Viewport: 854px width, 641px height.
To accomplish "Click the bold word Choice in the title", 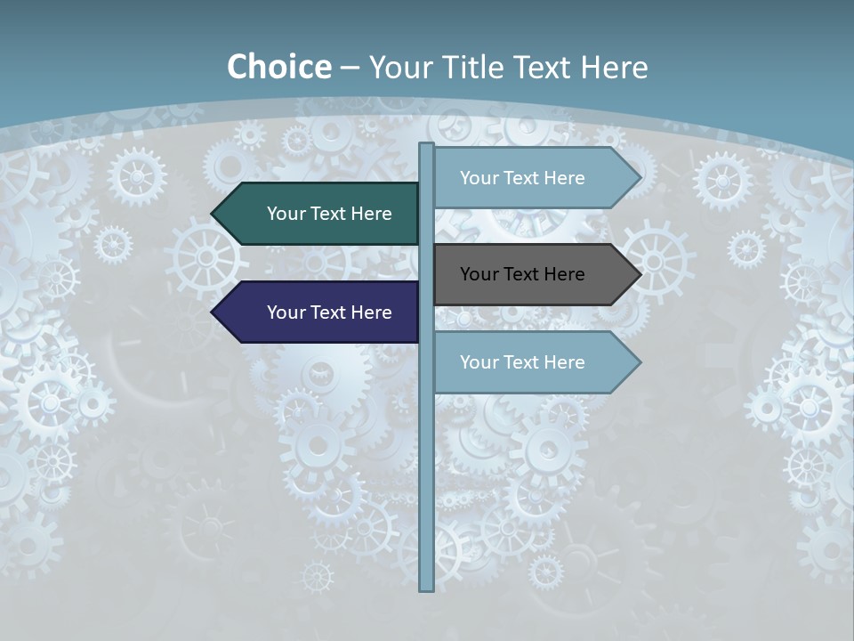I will pos(278,67).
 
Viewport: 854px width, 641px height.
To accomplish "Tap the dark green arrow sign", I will pos(320,214).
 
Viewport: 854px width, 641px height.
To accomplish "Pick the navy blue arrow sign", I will pos(320,312).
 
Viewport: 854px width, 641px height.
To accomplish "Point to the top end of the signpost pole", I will pos(427,145).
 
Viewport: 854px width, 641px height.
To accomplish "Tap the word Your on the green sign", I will pos(286,214).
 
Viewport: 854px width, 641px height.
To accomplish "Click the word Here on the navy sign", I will pos(371,312).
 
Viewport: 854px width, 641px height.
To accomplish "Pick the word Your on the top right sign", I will pos(479,178).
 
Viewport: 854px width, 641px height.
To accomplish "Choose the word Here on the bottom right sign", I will pos(564,362).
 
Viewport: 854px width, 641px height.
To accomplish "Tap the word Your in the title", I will pos(397,67).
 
